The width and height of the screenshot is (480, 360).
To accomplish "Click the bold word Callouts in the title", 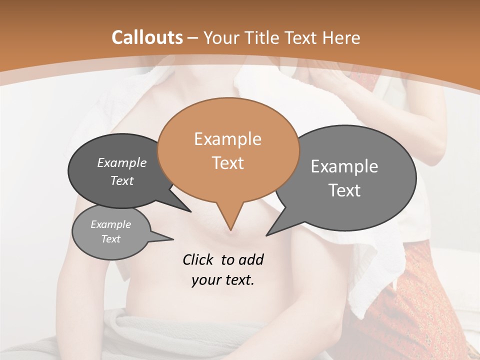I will pyautogui.click(x=147, y=37).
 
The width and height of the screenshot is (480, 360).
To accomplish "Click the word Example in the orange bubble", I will pyautogui.click(x=227, y=139).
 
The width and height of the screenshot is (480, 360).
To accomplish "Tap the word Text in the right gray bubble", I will pyautogui.click(x=345, y=190).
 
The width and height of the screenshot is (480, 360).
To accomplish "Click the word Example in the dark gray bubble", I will pyautogui.click(x=122, y=163).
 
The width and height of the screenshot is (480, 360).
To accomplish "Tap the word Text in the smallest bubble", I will pyautogui.click(x=111, y=239).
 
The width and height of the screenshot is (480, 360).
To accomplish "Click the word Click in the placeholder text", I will pyautogui.click(x=199, y=259).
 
